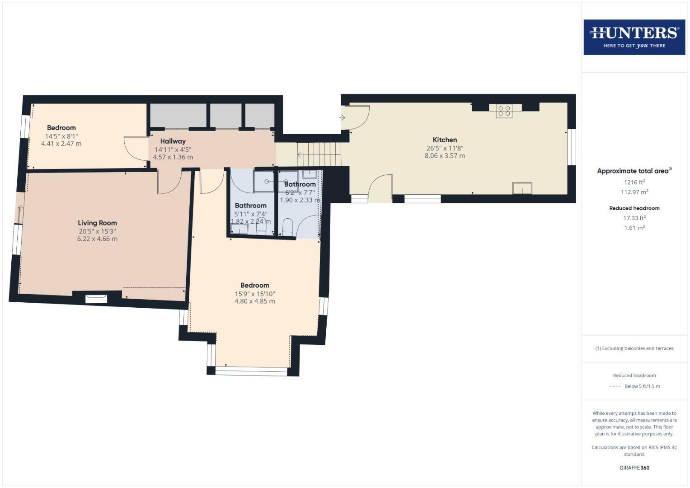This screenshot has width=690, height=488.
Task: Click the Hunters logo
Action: [634, 37]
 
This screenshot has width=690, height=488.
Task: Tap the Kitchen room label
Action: [445, 140]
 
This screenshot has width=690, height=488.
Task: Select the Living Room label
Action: [97, 223]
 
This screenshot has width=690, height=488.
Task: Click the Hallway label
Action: [173, 141]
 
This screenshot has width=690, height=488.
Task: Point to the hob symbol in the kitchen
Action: [504, 111]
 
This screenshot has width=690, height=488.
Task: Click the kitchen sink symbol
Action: [522, 188]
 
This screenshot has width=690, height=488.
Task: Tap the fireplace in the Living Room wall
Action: [96, 298]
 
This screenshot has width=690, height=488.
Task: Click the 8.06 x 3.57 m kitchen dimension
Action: [445, 156]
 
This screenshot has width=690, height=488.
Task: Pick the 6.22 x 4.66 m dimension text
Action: [97, 239]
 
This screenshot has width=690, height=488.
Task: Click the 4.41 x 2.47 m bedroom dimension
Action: [61, 144]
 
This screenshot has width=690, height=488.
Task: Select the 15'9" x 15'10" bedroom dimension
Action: [254, 294]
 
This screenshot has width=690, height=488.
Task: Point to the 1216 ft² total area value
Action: [634, 183]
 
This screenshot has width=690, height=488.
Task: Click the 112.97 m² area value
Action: [634, 192]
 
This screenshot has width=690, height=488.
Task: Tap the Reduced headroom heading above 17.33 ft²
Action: [634, 208]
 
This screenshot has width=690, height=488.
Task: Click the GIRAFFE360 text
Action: [634, 468]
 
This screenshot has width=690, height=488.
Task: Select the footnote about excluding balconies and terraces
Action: [634, 348]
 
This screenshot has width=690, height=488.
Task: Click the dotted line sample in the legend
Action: [615, 386]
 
